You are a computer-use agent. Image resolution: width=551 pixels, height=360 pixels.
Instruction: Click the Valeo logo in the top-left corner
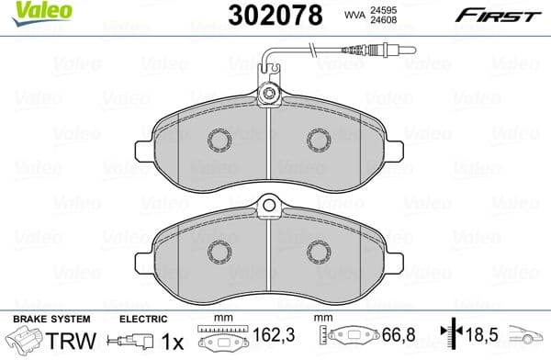coord(27,13)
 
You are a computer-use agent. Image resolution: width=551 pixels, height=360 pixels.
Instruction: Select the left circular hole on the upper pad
coord(220,140)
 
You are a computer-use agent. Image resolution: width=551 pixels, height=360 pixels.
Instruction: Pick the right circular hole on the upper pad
coord(319,140)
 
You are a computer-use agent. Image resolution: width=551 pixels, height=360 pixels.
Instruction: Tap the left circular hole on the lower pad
coord(220,251)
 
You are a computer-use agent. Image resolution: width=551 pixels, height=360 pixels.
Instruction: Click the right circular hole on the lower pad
coord(319,251)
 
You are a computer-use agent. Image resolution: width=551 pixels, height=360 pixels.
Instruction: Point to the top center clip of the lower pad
coord(269,207)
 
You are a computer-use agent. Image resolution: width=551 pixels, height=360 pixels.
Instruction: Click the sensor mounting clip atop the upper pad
coord(269,95)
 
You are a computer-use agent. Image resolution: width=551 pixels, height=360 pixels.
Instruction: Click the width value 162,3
coord(267,340)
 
